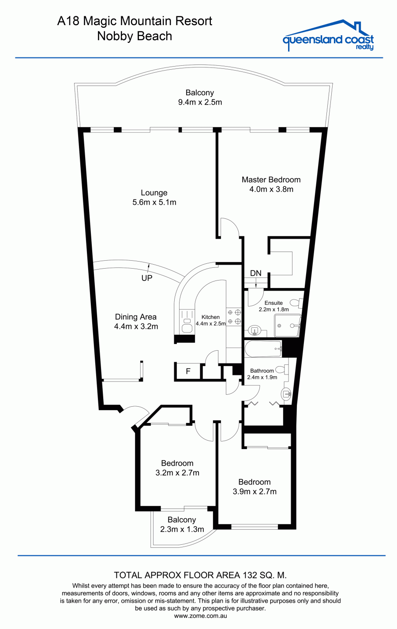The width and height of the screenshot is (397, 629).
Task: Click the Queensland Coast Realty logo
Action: [x=328, y=35]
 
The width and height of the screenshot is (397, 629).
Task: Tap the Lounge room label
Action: [x=154, y=193]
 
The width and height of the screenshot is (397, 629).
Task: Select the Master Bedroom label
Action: [x=271, y=180]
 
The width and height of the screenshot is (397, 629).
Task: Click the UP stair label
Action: [x=147, y=278]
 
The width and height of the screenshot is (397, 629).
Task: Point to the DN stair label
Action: [x=255, y=273]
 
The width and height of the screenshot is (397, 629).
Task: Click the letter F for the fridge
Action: [x=188, y=371]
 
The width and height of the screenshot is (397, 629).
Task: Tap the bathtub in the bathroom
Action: [x=263, y=349]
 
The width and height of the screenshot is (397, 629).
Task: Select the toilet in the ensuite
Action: [x=296, y=303]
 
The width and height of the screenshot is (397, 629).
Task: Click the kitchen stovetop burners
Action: [x=234, y=316]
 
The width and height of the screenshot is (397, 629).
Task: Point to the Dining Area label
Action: [x=135, y=317]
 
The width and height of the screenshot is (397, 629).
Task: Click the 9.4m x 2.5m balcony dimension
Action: [x=200, y=102]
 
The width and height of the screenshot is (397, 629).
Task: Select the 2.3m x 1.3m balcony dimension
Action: [x=182, y=529]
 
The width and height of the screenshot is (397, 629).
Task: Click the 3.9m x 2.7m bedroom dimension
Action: [x=255, y=491]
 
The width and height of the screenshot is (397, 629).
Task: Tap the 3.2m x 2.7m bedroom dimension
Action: [x=177, y=472]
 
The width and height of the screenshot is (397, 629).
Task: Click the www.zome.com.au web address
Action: [x=200, y=616]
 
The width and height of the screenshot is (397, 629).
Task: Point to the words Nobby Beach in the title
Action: [x=135, y=36]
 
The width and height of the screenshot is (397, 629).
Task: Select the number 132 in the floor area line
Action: [x=249, y=575]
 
